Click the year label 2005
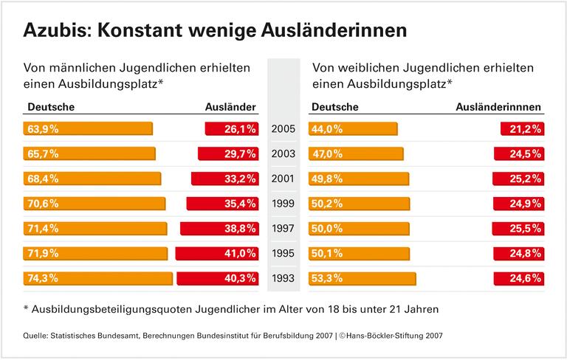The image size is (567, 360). (283, 129)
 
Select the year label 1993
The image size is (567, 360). (283, 278)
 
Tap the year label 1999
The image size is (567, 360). (283, 204)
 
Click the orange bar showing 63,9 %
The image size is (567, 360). (89, 129)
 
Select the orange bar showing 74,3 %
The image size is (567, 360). (98, 278)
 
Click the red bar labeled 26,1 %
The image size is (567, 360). (231, 129)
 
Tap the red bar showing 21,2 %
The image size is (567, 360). (521, 129)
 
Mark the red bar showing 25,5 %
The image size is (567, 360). (518, 229)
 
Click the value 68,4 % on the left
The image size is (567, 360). (44, 179)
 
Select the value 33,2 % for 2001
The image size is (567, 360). (239, 179)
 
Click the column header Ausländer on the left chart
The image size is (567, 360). (230, 108)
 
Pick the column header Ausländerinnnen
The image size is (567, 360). (499, 108)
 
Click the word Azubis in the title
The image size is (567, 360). (55, 30)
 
